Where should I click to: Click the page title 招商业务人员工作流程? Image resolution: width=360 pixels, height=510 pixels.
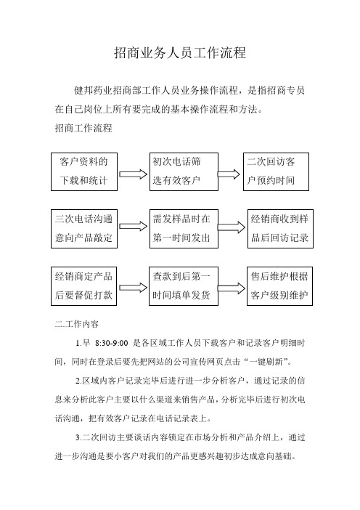point(180,53)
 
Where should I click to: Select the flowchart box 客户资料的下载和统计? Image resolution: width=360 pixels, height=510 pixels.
point(84,171)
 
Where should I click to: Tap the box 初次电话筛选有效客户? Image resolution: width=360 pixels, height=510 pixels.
point(184,171)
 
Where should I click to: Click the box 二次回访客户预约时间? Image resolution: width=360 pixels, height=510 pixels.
point(276,171)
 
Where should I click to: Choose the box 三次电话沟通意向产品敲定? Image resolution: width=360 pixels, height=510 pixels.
point(84,229)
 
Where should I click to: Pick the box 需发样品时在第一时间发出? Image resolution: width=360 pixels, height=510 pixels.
point(184,229)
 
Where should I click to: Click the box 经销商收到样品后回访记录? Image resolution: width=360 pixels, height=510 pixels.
point(280,229)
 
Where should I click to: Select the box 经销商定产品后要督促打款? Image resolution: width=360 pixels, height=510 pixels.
point(83,286)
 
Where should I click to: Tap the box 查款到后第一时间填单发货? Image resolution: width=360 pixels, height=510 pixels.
point(183,286)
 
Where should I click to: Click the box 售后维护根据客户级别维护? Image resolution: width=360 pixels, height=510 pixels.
point(279,286)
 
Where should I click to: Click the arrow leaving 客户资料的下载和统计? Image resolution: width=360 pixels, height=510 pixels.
point(134,174)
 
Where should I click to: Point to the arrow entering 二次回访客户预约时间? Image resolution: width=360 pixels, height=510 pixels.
point(229,174)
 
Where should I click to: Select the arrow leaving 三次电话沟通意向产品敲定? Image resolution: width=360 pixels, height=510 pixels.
point(134,226)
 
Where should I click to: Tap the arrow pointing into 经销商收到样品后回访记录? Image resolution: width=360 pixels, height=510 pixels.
point(231,227)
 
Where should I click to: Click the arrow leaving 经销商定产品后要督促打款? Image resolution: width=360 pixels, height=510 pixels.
point(134,288)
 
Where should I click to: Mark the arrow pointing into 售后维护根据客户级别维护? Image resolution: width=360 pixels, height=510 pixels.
point(231,288)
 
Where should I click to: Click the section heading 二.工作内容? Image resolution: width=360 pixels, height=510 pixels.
point(77,324)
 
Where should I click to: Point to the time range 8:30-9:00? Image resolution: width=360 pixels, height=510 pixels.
point(112,343)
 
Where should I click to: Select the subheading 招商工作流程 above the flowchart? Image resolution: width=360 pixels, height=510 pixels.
point(83,128)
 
